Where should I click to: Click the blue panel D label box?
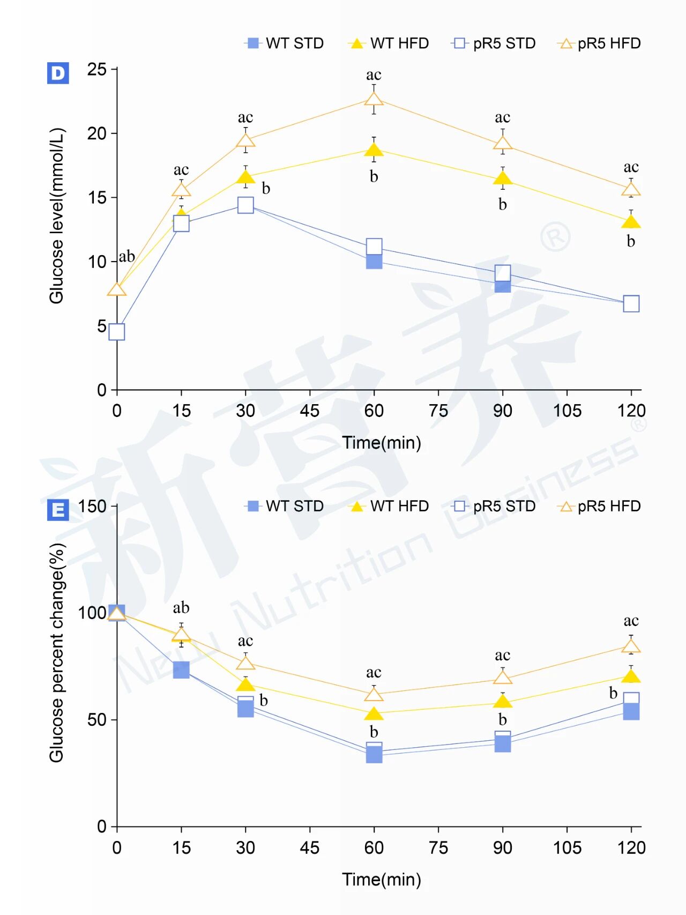(x=58, y=73)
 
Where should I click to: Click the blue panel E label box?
(x=58, y=510)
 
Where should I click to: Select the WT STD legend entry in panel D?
(x=285, y=43)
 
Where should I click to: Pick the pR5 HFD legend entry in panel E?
(x=599, y=507)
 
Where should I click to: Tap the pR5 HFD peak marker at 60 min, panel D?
(x=374, y=100)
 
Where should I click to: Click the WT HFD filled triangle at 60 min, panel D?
(x=374, y=150)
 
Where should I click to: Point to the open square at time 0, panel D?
(x=117, y=332)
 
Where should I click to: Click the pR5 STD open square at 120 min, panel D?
(x=631, y=304)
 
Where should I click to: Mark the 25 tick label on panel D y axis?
(x=97, y=69)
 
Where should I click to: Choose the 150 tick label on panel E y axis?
(x=92, y=506)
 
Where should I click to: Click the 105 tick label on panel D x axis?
(x=567, y=411)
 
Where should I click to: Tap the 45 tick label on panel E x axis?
(x=310, y=848)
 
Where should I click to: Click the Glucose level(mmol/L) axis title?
(x=57, y=216)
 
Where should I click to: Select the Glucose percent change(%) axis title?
(x=57, y=653)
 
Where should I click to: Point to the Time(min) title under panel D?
(x=382, y=443)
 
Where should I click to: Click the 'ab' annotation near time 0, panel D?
(x=127, y=256)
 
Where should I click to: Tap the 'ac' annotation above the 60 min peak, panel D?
(x=374, y=75)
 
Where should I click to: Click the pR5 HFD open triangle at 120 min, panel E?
(x=631, y=646)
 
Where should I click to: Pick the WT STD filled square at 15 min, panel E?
(x=181, y=670)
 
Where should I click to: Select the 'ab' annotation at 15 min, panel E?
(x=181, y=608)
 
